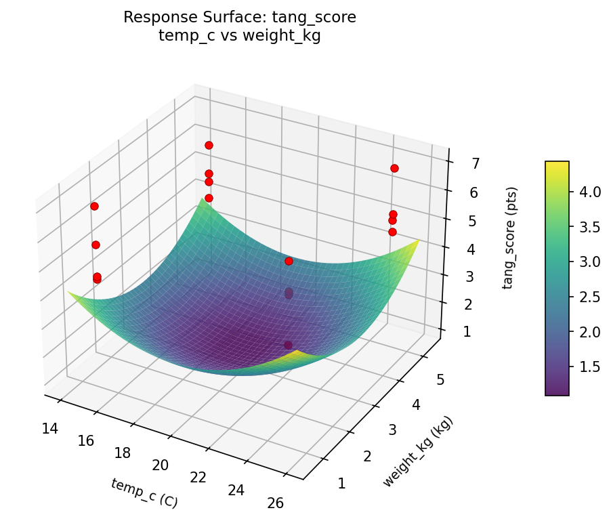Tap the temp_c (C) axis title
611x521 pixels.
[x=144, y=493]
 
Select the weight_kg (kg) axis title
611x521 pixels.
[x=418, y=452]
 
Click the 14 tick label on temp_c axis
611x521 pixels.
[x=48, y=428]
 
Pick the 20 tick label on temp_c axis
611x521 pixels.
[x=160, y=465]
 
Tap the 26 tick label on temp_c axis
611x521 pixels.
[x=274, y=503]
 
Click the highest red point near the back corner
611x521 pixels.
[x=209, y=145]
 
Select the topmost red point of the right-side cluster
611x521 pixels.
[x=394, y=168]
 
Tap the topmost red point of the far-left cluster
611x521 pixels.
[x=94, y=206]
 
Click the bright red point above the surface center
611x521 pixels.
[x=289, y=261]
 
